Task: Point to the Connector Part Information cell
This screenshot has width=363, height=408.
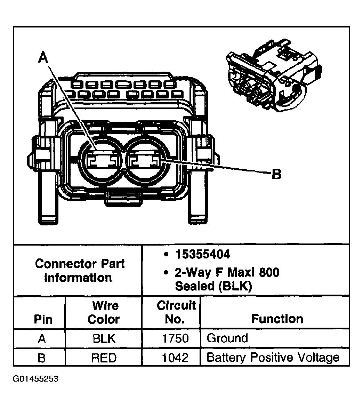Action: [80, 271]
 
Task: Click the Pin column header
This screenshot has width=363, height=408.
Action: [43, 319]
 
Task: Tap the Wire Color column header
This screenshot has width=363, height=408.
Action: [104, 312]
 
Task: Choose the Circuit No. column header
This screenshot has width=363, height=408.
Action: [176, 312]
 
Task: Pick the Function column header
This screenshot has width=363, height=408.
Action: [277, 319]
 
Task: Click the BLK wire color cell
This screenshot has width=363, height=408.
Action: [104, 338]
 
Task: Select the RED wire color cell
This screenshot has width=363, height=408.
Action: [104, 358]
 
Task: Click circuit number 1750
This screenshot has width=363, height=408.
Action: [176, 338]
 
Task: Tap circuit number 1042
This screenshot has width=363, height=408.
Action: [176, 358]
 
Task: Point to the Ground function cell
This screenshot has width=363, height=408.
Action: [227, 338]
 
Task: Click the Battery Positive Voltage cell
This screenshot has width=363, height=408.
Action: [273, 358]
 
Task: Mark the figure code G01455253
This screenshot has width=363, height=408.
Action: [36, 379]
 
